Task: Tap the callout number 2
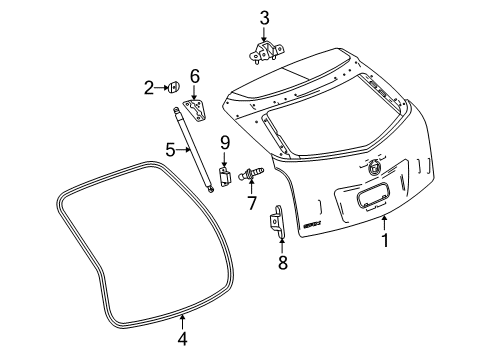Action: pos(149,88)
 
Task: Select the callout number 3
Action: pos(264,17)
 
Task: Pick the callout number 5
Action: pos(171,150)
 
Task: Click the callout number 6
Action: pos(195,75)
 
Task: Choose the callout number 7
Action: pos(252,202)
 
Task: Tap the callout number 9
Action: pos(225,141)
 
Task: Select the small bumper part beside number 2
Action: pos(174,88)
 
